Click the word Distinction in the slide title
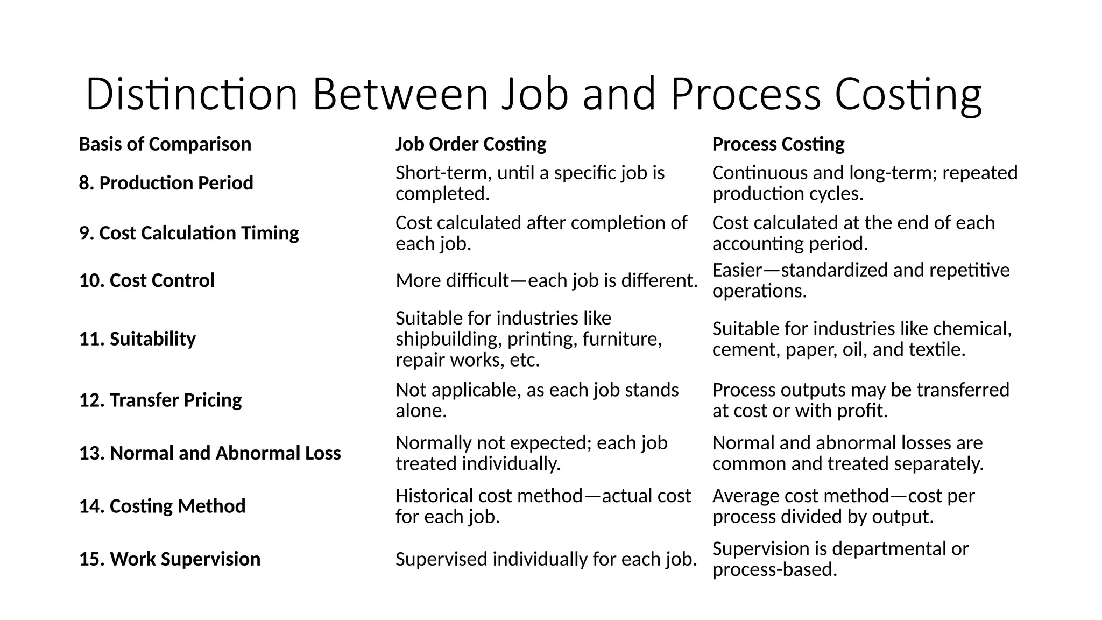tap(192, 95)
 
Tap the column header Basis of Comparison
tap(165, 144)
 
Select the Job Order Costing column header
tap(471, 144)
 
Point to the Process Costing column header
tap(778, 144)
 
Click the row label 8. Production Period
tap(166, 183)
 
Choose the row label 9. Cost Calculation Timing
tap(189, 233)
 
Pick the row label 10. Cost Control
tap(147, 280)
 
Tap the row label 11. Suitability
tap(137, 339)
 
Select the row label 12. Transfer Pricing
tap(160, 400)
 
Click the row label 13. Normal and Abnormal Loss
tap(210, 453)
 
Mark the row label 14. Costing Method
tap(162, 506)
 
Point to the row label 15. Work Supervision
tap(169, 559)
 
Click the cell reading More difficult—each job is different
tap(546, 280)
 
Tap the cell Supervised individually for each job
tap(546, 559)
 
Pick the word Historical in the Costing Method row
tap(434, 496)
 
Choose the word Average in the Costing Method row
tap(745, 496)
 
